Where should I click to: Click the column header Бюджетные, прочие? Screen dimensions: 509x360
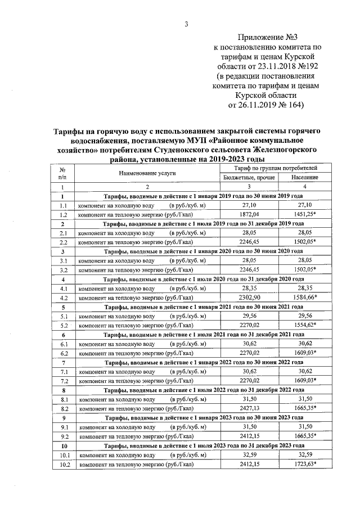pyautogui.click(x=249, y=177)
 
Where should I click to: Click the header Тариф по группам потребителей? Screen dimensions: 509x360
pyautogui.click(x=276, y=168)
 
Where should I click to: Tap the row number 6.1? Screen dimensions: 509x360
pyautogui.click(x=64, y=343)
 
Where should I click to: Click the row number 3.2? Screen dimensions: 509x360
pyautogui.click(x=64, y=269)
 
